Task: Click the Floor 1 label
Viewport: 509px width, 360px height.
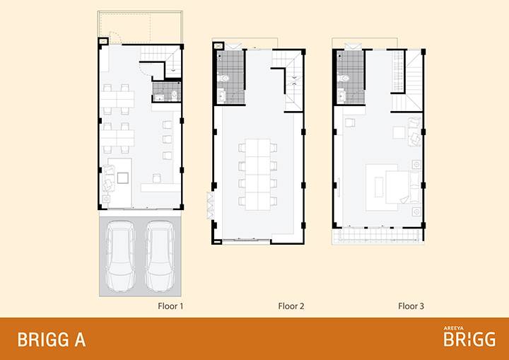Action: tap(170, 306)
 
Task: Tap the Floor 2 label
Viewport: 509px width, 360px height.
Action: tap(291, 306)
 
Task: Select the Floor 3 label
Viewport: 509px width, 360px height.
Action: tap(411, 306)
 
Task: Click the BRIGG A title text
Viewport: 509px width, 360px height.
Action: tap(52, 340)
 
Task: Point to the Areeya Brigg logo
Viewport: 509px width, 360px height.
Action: tap(469, 337)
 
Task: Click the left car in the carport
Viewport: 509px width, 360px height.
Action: tap(120, 256)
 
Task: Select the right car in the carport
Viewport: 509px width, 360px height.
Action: tap(160, 256)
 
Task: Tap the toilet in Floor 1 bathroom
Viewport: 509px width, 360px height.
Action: tap(175, 95)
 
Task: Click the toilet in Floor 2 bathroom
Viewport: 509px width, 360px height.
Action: tap(224, 79)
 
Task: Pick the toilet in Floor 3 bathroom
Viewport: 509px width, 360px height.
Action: tap(344, 78)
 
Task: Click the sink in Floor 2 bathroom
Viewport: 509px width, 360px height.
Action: tap(222, 96)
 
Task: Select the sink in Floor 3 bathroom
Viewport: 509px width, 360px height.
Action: tap(341, 96)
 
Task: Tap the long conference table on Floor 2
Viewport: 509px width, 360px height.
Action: tap(258, 175)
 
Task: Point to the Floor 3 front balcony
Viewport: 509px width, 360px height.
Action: tap(378, 235)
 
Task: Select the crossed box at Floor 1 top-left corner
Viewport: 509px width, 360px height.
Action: tap(103, 41)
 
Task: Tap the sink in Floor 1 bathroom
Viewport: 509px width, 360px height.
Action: tap(159, 98)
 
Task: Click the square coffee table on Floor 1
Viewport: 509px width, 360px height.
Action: tap(123, 178)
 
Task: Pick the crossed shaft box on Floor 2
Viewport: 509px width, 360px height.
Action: tap(218, 46)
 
